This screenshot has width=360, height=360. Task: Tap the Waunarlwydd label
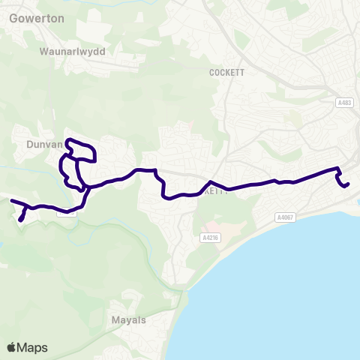point(72,53)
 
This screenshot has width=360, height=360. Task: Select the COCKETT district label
point(223,73)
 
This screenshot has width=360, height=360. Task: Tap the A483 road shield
point(344,103)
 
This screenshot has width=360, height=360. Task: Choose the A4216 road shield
point(211,238)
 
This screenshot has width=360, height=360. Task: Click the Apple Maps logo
point(27,347)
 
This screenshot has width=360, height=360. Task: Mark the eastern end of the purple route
point(348,183)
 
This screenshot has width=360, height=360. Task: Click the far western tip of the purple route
point(10,200)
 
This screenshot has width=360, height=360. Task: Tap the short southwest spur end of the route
point(20,220)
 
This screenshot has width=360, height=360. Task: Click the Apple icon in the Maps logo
point(12,347)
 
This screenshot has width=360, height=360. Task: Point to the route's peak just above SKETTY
point(211,181)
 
